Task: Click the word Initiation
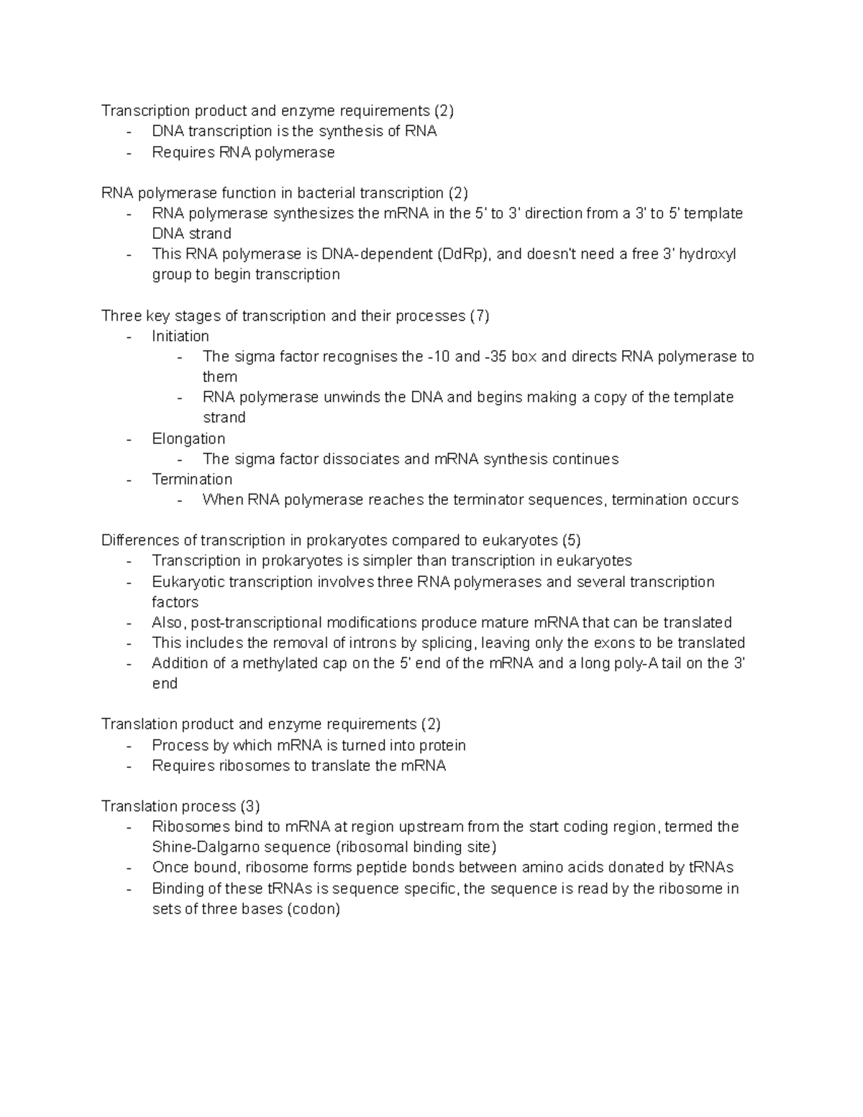click(x=180, y=336)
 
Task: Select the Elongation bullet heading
click(x=188, y=438)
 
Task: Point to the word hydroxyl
click(x=708, y=254)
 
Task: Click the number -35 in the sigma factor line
click(x=496, y=356)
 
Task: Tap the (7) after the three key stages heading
click(x=479, y=316)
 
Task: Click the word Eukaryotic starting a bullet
click(x=188, y=581)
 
